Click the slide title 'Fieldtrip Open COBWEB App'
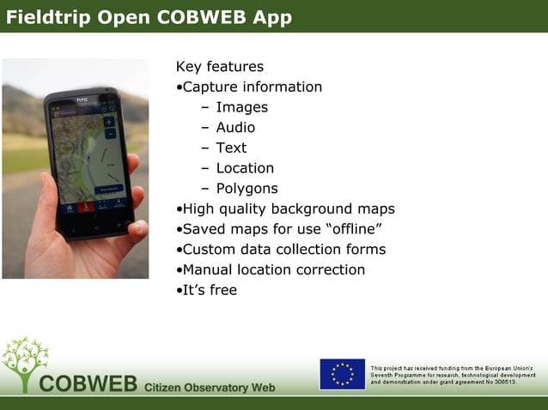[148, 17]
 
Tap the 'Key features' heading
[219, 67]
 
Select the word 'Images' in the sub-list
[241, 107]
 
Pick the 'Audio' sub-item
[235, 128]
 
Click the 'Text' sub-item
[231, 148]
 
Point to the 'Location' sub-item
[245, 168]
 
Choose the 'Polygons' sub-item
[247, 189]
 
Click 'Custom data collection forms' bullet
[283, 250]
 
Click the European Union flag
[342, 374]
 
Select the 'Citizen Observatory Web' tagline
[210, 388]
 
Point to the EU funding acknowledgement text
[453, 374]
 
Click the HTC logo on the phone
[82, 100]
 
